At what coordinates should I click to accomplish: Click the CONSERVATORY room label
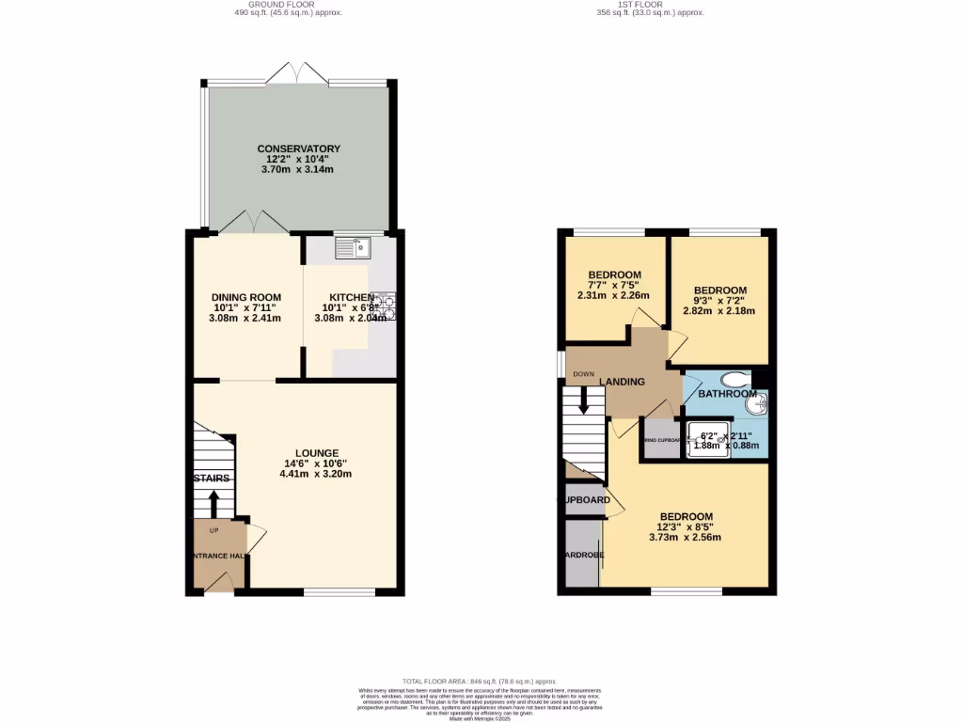pyautogui.click(x=298, y=149)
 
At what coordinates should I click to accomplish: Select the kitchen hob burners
pyautogui.click(x=386, y=307)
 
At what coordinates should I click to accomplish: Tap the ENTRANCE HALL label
pyautogui.click(x=214, y=556)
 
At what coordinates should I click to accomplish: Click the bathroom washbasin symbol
pyautogui.click(x=758, y=405)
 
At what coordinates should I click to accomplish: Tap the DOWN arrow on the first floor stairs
pyautogui.click(x=584, y=402)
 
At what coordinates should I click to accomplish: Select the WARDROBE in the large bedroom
pyautogui.click(x=583, y=555)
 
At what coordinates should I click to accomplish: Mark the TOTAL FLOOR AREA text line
pyautogui.click(x=480, y=682)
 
